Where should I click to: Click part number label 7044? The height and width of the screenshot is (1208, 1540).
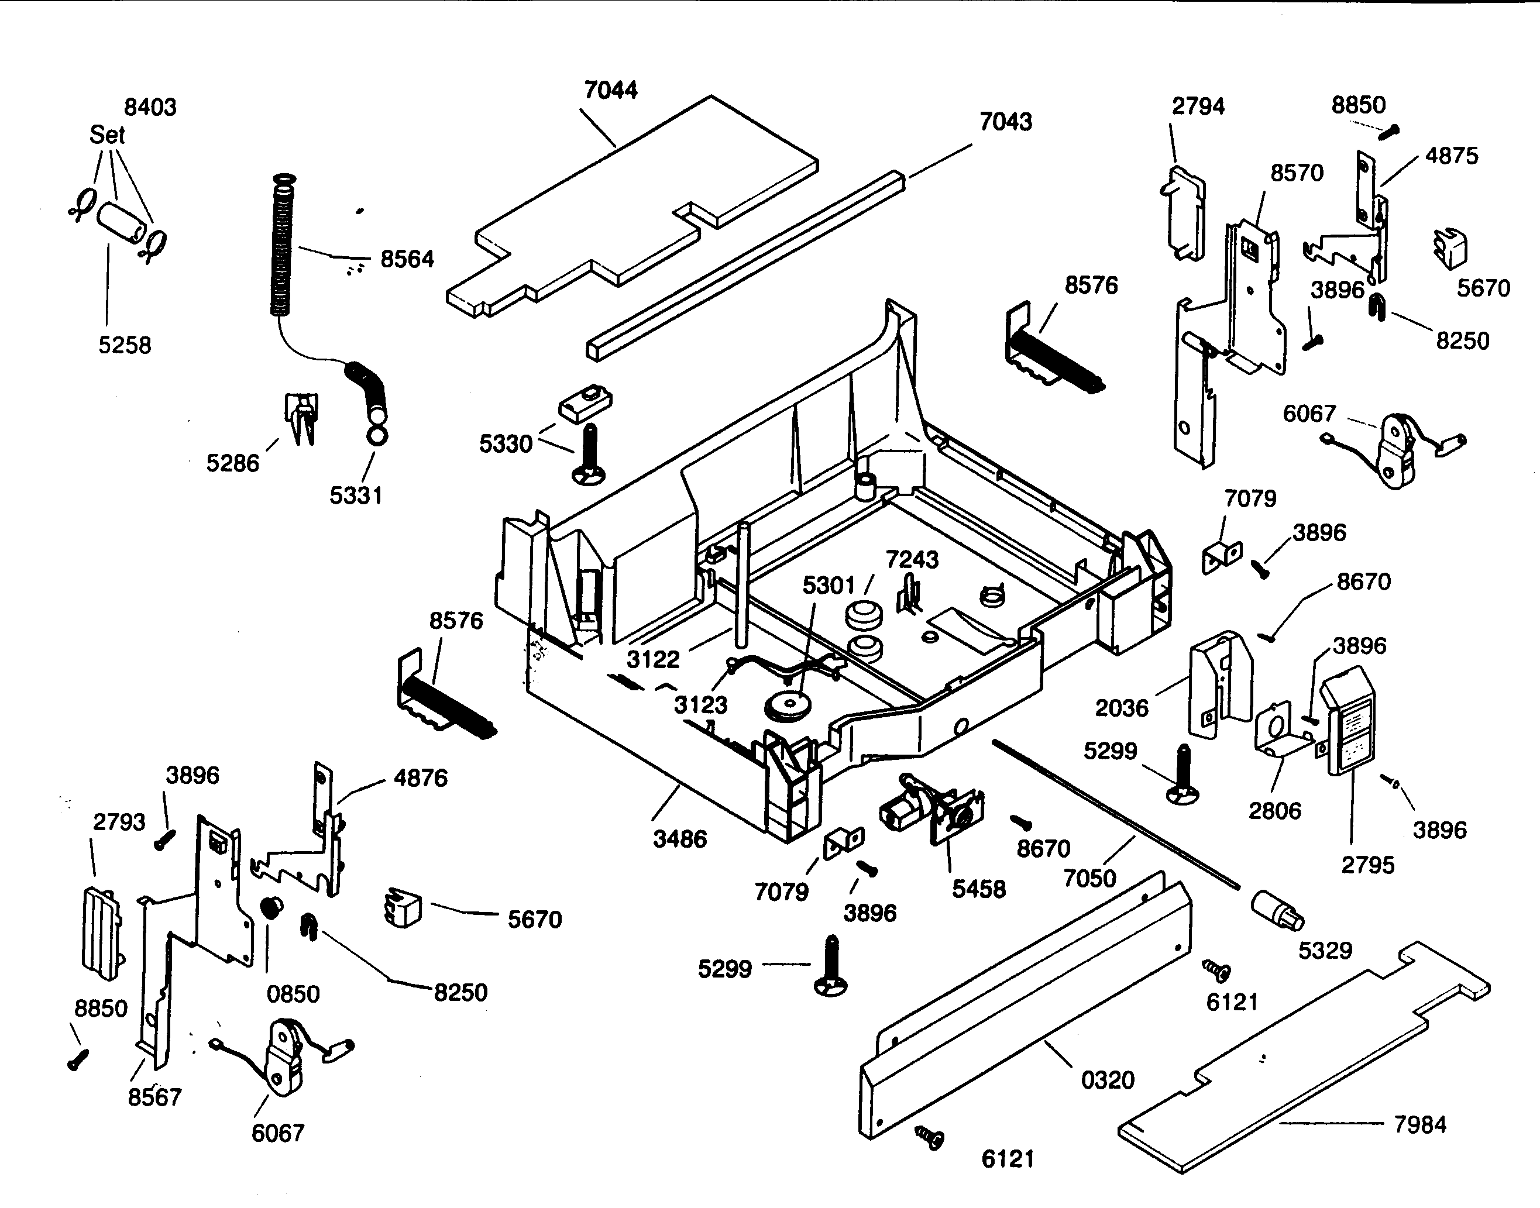[x=610, y=91]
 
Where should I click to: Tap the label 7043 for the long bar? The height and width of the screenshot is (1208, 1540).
[x=1005, y=122]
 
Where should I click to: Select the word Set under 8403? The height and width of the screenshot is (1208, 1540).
[x=107, y=135]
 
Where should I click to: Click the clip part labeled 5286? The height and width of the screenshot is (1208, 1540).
[x=302, y=417]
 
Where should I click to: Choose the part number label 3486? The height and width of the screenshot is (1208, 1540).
[x=679, y=839]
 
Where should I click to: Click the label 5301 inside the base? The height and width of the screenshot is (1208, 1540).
[x=829, y=586]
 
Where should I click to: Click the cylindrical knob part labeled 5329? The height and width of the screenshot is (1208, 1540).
[x=1276, y=911]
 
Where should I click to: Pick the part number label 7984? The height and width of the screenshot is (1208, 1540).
[x=1419, y=1124]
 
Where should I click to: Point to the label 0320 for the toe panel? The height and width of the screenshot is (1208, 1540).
[x=1108, y=1080]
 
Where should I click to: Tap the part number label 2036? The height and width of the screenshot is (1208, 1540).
[x=1121, y=708]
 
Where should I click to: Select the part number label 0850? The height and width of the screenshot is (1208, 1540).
[x=293, y=994]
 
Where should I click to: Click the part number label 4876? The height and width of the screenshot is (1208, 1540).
[x=420, y=778]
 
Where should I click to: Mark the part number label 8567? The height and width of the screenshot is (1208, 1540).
[x=154, y=1097]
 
